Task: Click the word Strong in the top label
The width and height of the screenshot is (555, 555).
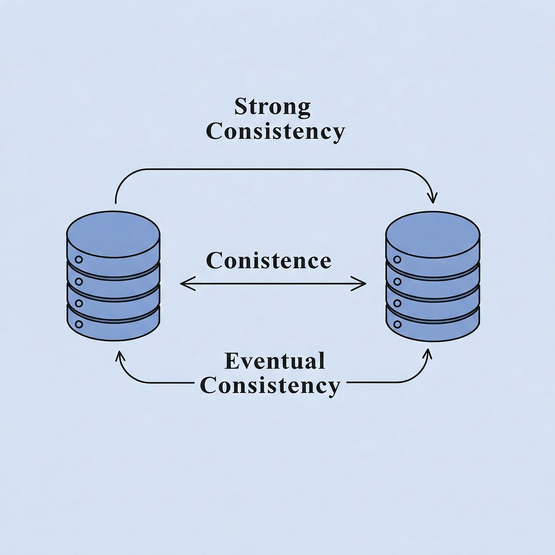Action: coord(272,107)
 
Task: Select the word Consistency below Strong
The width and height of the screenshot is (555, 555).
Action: coord(275,132)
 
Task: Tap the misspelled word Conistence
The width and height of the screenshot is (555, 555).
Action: coord(269,260)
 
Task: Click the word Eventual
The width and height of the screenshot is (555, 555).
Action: coord(275,361)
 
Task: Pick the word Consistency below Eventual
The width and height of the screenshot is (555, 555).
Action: coord(271,386)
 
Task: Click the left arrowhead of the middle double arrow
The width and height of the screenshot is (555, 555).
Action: coord(183,283)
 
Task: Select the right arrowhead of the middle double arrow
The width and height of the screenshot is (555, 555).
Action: coord(363,283)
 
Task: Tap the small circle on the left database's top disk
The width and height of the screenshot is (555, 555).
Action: coord(79,259)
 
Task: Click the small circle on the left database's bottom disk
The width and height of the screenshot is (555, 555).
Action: coord(79,324)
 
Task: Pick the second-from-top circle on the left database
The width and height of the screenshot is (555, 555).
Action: coord(79,281)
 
